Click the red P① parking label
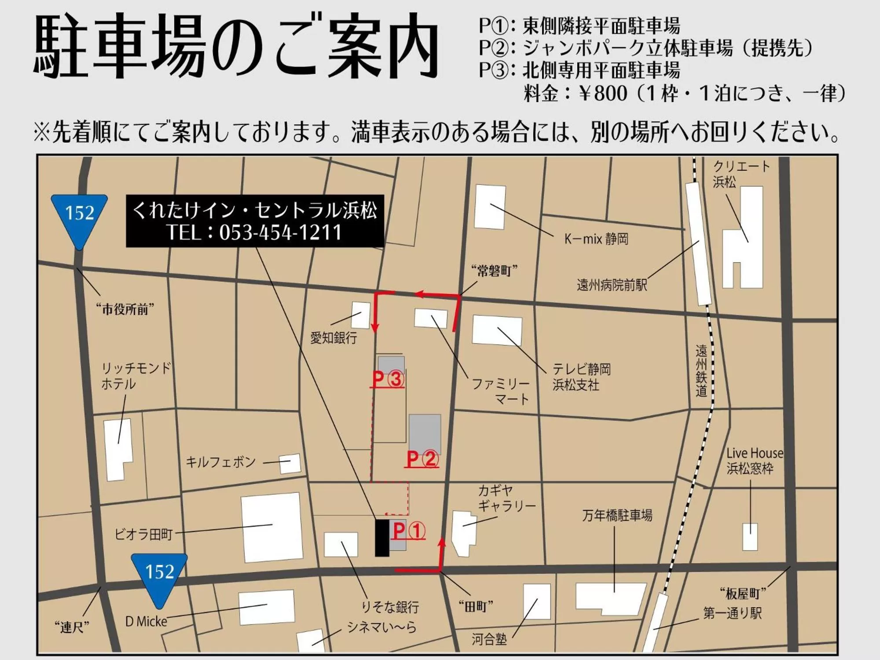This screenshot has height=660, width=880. [x=409, y=531]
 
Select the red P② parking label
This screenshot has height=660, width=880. [x=422, y=459]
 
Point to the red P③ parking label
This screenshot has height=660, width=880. [x=388, y=379]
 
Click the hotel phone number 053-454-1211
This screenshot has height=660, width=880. [x=280, y=232]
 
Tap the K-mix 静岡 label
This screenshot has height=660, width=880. [x=596, y=239]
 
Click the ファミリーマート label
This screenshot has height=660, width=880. [x=501, y=391]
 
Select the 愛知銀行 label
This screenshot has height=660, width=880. [x=334, y=338]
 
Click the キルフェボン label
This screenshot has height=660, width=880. [x=220, y=462]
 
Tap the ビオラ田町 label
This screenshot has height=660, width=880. [x=143, y=534]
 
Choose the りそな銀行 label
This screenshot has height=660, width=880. [x=390, y=607]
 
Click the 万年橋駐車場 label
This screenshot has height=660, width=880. [x=617, y=515]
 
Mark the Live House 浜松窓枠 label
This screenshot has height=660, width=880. [x=754, y=460]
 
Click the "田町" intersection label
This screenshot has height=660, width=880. [x=476, y=607]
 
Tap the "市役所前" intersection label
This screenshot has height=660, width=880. [x=125, y=309]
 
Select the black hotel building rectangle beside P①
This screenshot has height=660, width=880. [x=381, y=538]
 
